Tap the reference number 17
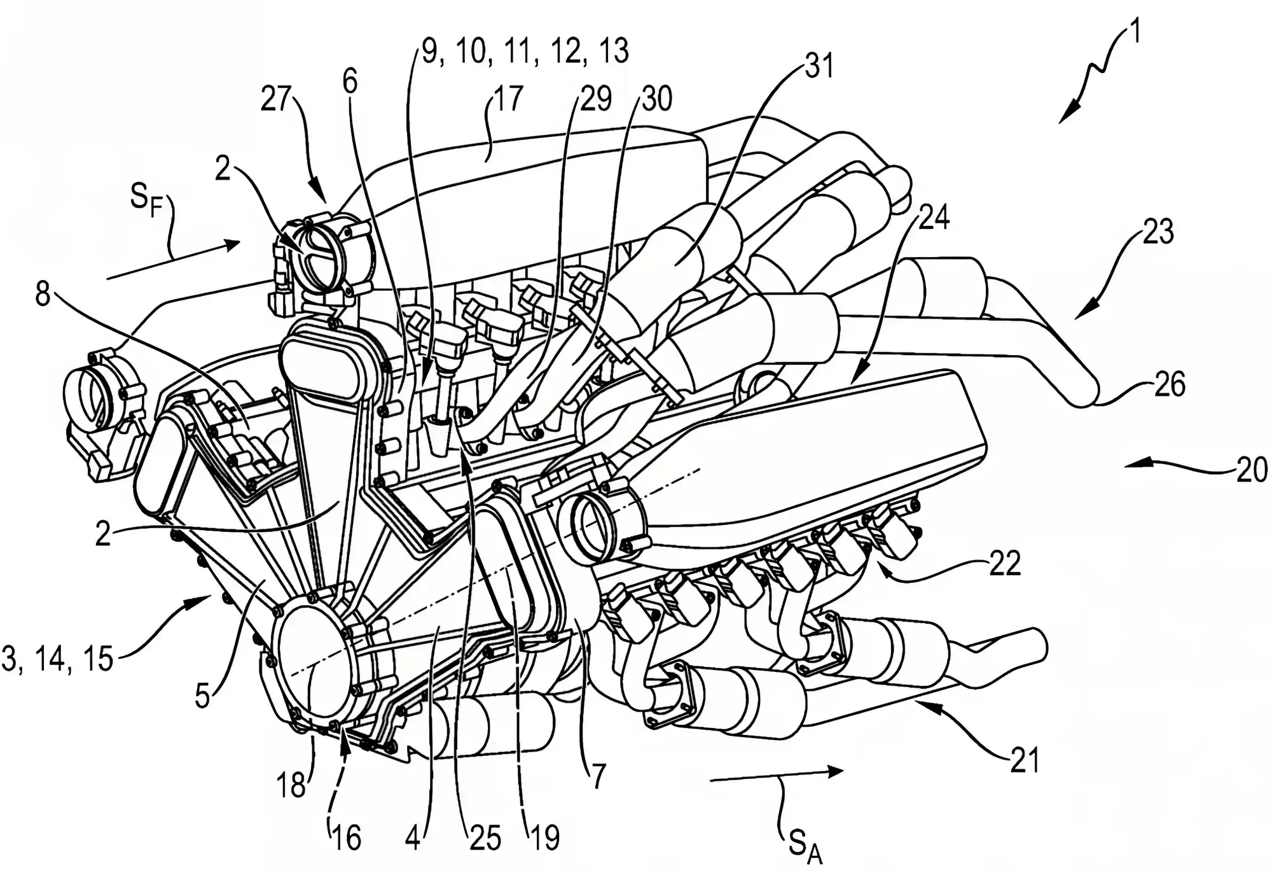tap(507, 98)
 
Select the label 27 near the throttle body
tap(276, 100)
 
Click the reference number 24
tap(934, 217)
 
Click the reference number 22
tap(1005, 563)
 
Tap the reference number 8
tap(43, 295)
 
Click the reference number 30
tap(657, 99)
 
